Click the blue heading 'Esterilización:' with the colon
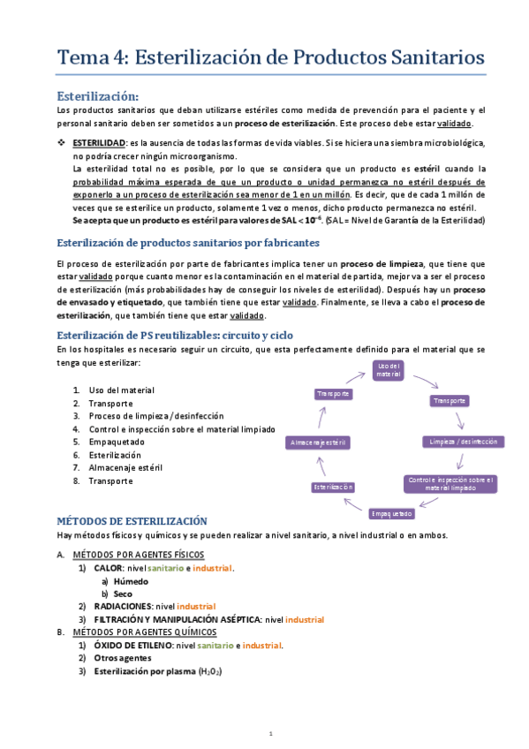(98, 95)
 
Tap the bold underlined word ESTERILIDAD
(99, 143)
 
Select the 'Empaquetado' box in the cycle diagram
(390, 513)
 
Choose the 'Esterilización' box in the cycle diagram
(333, 487)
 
